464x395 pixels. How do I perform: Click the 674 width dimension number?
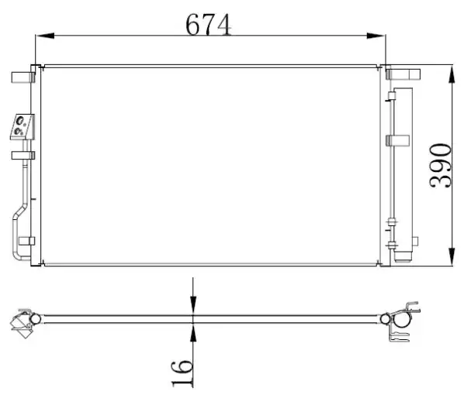tap(208, 25)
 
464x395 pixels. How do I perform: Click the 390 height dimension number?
tap(441, 166)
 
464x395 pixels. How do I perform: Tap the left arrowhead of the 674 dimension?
tap(45, 36)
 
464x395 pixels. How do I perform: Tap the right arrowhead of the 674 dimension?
tap(376, 36)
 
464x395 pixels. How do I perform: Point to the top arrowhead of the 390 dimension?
tap(452, 75)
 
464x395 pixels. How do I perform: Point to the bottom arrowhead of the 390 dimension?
tap(452, 256)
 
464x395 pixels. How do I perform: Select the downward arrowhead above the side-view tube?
tap(193, 304)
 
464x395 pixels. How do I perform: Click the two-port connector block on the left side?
tap(23, 127)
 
